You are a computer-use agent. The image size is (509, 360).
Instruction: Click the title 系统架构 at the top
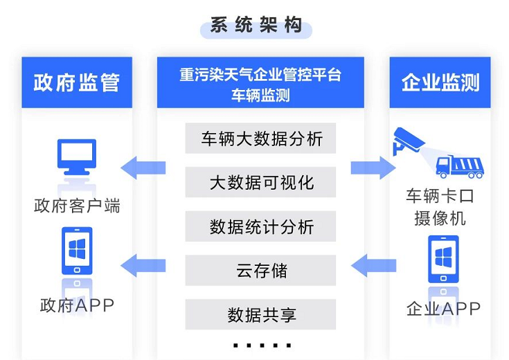(256, 26)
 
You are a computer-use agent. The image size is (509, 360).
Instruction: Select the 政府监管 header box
(76, 82)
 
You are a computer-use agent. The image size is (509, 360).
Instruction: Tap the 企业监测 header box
(440, 82)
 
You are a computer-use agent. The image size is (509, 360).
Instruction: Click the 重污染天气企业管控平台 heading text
(260, 74)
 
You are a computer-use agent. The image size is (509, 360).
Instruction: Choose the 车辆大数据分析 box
(260, 138)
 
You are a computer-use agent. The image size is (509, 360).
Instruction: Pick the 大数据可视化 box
(260, 182)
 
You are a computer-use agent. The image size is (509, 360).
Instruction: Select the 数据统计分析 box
(260, 226)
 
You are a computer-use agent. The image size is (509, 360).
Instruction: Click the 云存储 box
(260, 270)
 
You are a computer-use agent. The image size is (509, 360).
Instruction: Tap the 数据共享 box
(260, 314)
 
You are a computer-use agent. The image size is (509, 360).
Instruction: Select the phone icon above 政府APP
(76, 253)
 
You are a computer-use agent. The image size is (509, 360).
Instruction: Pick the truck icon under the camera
(459, 167)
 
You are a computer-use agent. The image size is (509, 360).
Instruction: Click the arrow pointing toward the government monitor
(143, 168)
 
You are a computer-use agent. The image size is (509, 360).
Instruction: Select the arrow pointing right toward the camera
(373, 168)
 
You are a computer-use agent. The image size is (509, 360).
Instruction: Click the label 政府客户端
(76, 206)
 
